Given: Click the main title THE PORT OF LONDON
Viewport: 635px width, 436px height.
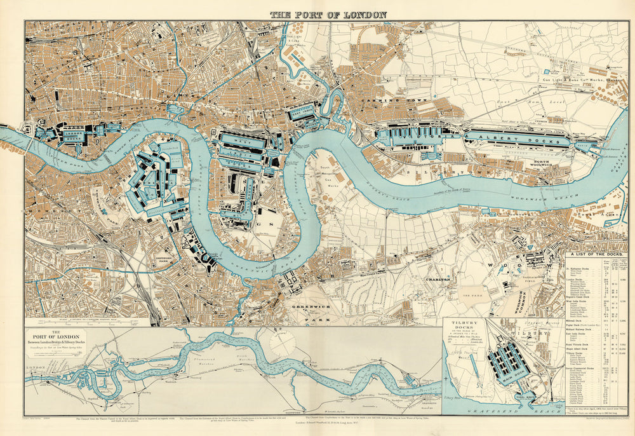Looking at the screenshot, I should [x=328, y=14].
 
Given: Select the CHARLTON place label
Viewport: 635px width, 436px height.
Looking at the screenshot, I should [x=438, y=278].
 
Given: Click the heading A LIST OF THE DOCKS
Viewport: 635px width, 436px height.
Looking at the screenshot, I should [x=597, y=255].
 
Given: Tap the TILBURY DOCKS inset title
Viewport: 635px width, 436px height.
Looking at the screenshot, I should [x=465, y=326].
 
